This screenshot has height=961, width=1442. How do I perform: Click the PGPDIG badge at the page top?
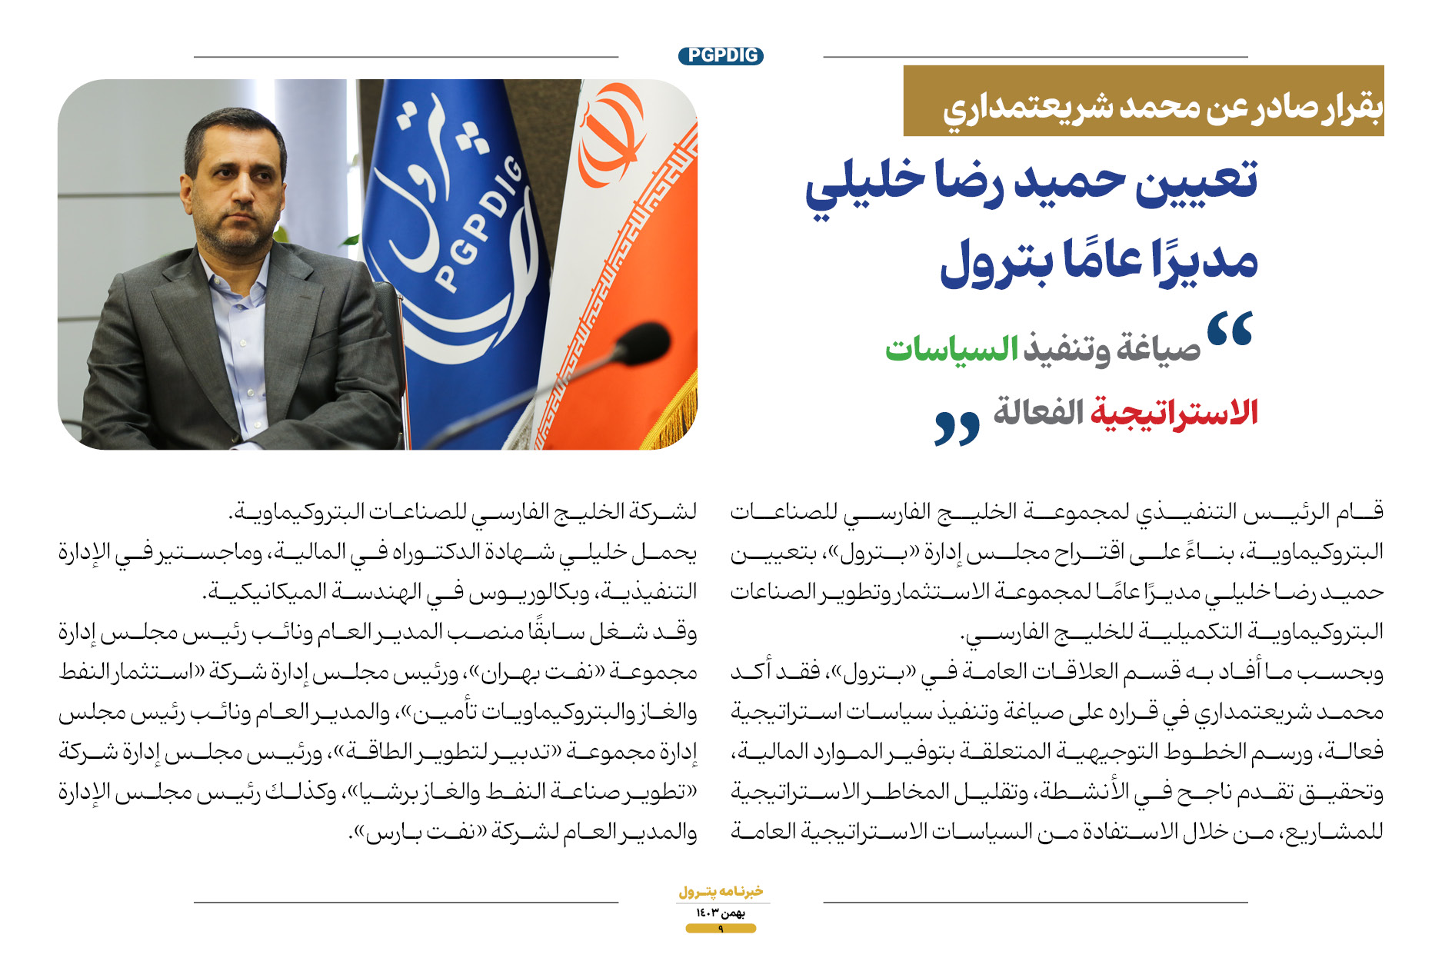point(721,55)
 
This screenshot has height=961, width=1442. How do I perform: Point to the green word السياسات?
point(952,347)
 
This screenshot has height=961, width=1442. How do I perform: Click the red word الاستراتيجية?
point(1174,412)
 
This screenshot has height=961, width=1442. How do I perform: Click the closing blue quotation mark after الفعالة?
point(957,427)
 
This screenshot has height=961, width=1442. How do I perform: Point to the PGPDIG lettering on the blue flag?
point(478,224)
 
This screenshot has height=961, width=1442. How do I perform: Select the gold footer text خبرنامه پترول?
point(721,892)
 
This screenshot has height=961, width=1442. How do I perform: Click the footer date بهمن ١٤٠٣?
point(721,913)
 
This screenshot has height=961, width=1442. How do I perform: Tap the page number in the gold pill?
point(721,929)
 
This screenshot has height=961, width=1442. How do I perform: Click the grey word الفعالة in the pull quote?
point(1038,412)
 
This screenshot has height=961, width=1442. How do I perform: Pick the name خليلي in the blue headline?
point(854,185)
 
